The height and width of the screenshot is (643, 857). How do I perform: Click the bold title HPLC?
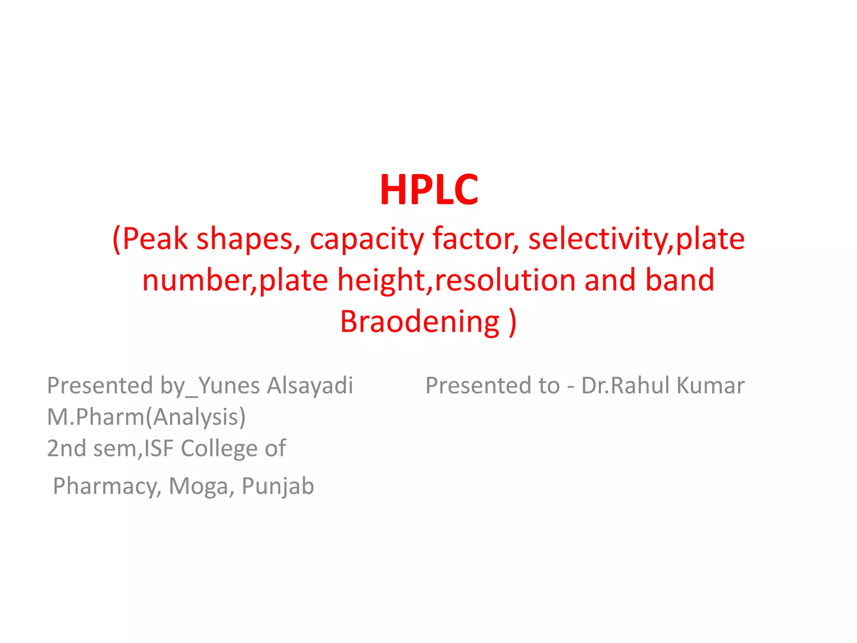point(428,190)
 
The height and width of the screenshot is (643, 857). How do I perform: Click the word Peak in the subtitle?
point(154,239)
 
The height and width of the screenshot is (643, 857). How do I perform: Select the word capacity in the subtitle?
point(367,239)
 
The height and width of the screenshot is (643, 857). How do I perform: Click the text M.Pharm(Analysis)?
point(146,417)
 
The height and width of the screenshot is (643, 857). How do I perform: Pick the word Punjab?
point(278,486)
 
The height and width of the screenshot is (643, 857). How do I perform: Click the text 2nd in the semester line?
point(67,448)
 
